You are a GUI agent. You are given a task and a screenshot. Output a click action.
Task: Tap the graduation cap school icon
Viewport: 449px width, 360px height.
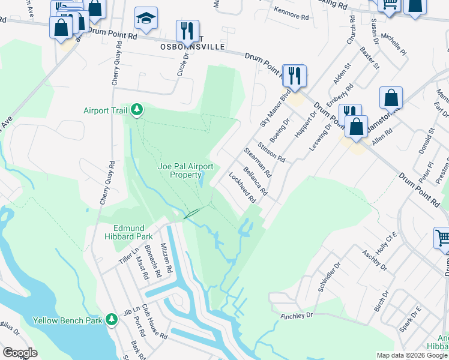pos(145,20)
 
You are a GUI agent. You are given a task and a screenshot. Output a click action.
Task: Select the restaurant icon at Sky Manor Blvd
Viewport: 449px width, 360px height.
pos(294,76)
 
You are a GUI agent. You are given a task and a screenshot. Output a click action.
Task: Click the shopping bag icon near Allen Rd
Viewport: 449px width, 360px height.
pos(391,98)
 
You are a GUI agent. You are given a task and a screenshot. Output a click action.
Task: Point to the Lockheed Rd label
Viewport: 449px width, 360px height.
pos(243,186)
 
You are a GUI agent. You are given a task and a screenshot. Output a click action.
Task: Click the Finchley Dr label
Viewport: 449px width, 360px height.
pos(297,315)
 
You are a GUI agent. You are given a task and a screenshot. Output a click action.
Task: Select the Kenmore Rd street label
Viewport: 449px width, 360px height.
pos(289,10)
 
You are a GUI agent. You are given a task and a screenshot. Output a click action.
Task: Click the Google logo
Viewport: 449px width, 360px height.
pos(20,353)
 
